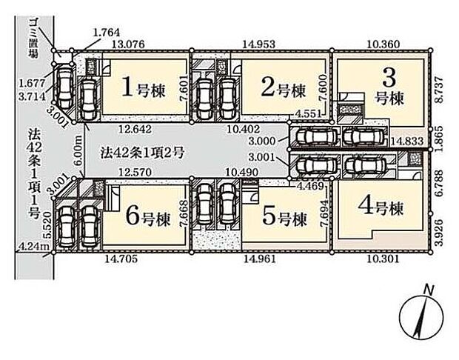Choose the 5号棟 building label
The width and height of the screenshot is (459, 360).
pyautogui.click(x=284, y=219)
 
